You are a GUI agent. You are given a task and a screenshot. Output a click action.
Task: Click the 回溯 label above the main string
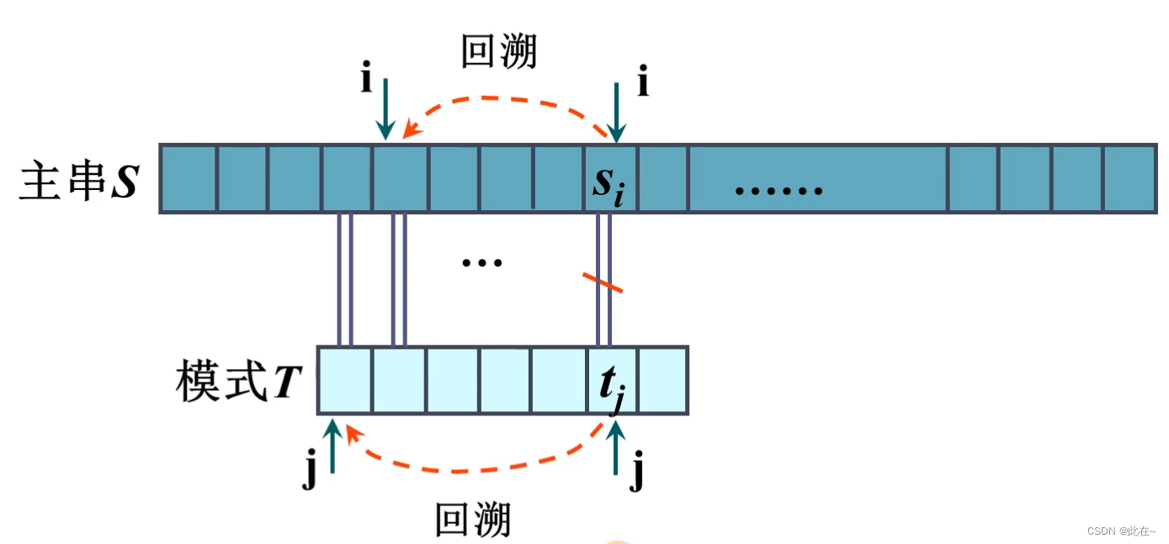click(498, 52)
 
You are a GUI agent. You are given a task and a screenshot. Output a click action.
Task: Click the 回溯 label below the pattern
click(472, 520)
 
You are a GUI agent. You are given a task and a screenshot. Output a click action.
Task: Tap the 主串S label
click(77, 181)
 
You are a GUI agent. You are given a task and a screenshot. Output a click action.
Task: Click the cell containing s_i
click(610, 178)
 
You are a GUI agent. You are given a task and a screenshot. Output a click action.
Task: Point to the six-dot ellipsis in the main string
click(778, 191)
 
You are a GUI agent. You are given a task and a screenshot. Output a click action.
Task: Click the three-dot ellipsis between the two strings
click(482, 262)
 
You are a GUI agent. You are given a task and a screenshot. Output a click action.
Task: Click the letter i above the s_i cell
click(643, 84)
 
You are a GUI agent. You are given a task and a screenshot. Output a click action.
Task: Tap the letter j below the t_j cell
click(637, 473)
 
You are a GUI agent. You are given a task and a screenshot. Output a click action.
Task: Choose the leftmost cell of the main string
click(189, 178)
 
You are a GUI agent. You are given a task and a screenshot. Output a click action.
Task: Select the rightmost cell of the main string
click(1129, 178)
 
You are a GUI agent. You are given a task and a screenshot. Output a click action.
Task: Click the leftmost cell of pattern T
click(345, 380)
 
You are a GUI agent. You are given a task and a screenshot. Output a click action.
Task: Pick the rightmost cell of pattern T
click(663, 380)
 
